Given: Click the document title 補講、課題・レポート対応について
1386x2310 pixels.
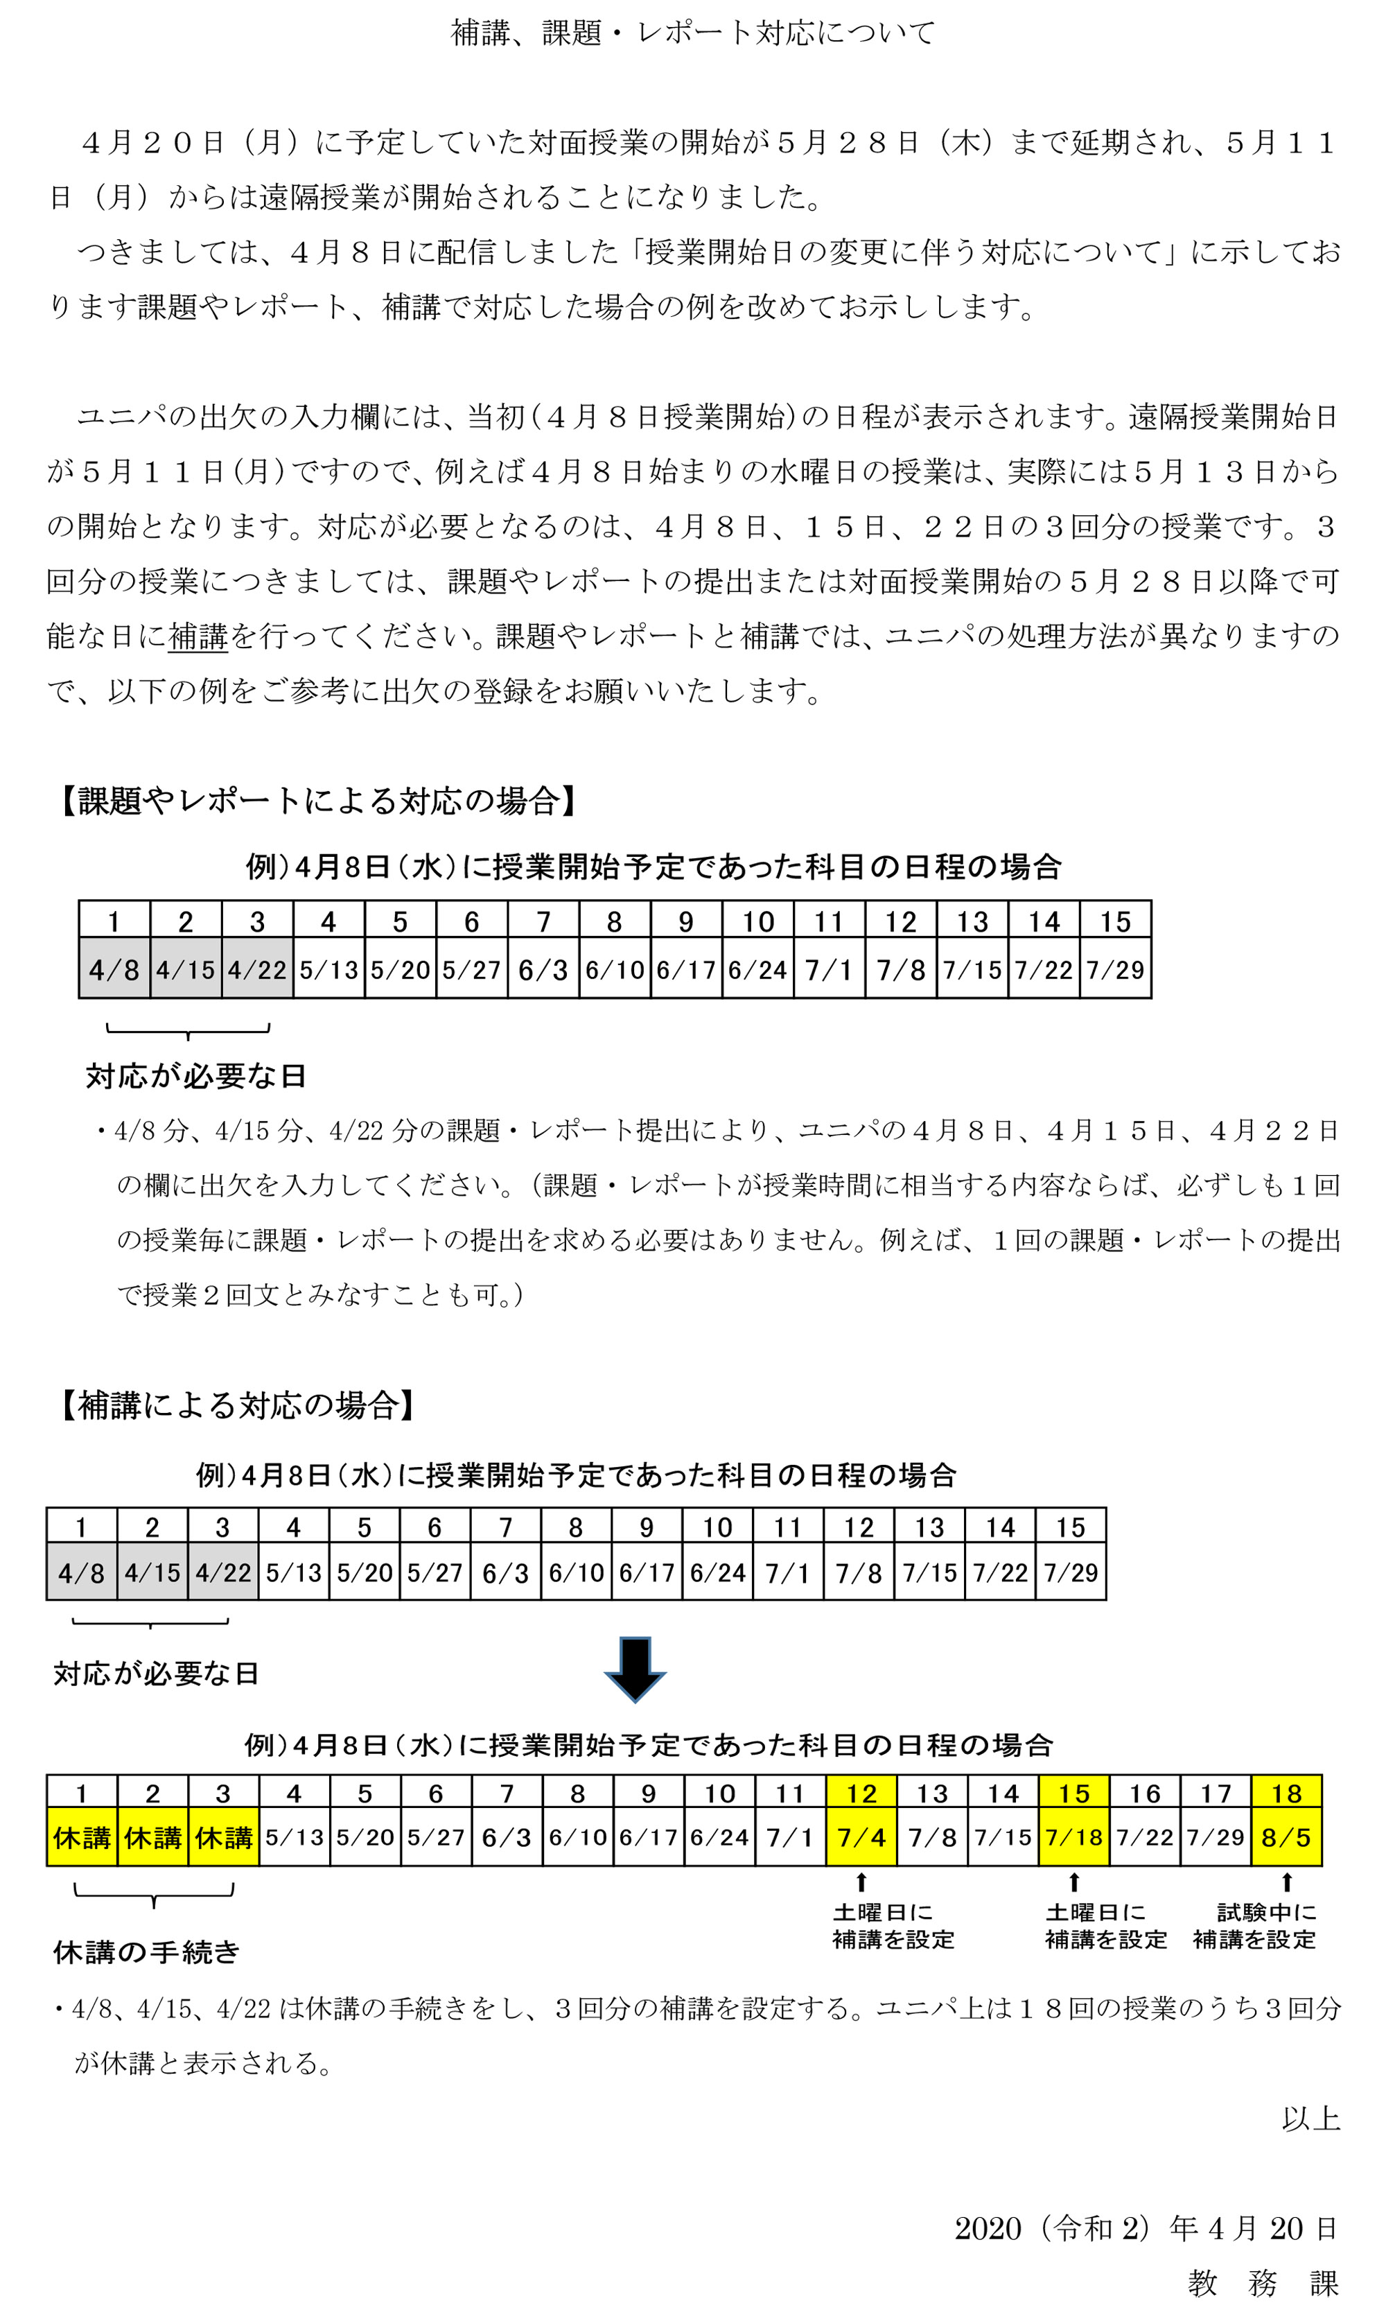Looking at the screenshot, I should (x=692, y=33).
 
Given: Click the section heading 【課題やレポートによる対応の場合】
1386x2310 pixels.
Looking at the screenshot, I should (x=317, y=801).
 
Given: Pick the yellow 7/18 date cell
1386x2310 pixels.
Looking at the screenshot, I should (x=1074, y=1837).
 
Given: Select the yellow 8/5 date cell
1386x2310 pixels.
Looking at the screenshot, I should (x=1286, y=1837).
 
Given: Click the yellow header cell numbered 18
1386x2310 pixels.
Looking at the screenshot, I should (x=1286, y=1793).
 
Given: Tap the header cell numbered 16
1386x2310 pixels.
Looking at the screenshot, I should (x=1145, y=1793).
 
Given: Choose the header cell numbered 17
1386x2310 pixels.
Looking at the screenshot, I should (x=1216, y=1793).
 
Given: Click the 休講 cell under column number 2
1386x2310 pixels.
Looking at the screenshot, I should (x=152, y=1837).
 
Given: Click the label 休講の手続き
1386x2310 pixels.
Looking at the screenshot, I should (x=147, y=1952).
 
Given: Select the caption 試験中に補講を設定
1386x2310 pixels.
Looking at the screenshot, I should (x=1254, y=1926).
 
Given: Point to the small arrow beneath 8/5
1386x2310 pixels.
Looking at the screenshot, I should (x=1287, y=1882).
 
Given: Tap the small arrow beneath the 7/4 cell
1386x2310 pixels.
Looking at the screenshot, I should (x=861, y=1882).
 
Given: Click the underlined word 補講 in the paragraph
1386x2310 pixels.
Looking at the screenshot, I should (x=198, y=636).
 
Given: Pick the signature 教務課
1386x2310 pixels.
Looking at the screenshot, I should (x=1263, y=2283).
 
